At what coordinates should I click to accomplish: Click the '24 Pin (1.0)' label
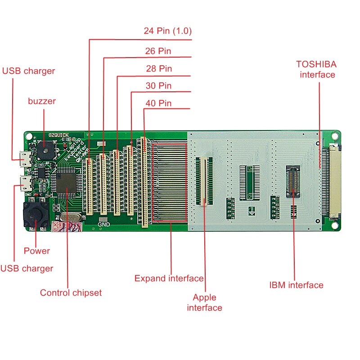pos(167,31)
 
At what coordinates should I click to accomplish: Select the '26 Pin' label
pos(158,51)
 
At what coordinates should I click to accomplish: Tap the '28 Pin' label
pos(158,68)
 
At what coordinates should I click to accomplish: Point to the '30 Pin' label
pos(158,85)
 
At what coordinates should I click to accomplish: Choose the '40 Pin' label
pos(158,103)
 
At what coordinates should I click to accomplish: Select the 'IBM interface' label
pos(296,285)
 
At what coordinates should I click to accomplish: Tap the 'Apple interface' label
pos(204,302)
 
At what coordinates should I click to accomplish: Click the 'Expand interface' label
pos(169,279)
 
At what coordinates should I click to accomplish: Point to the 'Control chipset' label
pos(71,292)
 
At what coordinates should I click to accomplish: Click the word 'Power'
pos(37,251)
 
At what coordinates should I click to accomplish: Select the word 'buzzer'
pos(42,101)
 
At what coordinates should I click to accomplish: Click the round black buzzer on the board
pos(44,150)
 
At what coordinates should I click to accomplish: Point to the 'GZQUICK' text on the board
pos(59,135)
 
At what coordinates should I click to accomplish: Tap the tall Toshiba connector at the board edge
pos(333,181)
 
